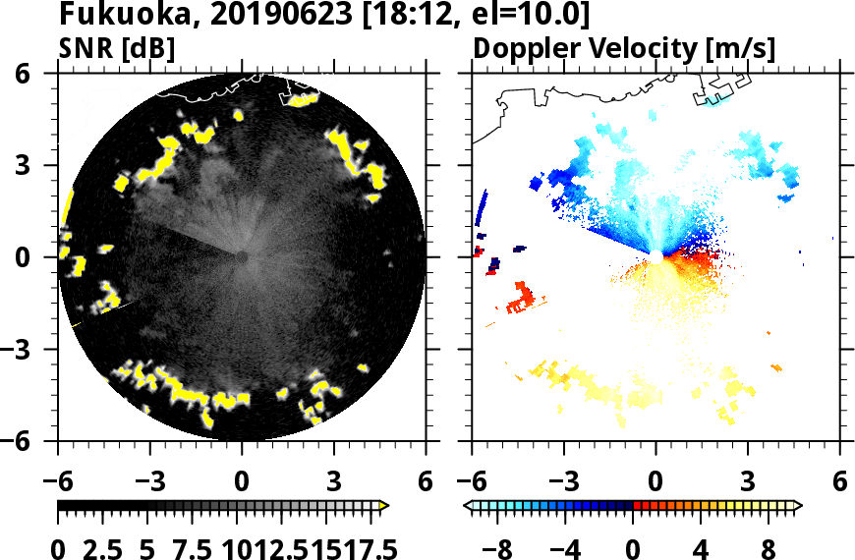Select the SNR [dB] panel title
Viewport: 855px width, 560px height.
click(117, 48)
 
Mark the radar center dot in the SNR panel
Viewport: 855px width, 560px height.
click(242, 256)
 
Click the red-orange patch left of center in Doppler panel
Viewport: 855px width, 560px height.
click(520, 296)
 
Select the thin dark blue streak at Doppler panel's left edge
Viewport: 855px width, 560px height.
click(482, 208)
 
